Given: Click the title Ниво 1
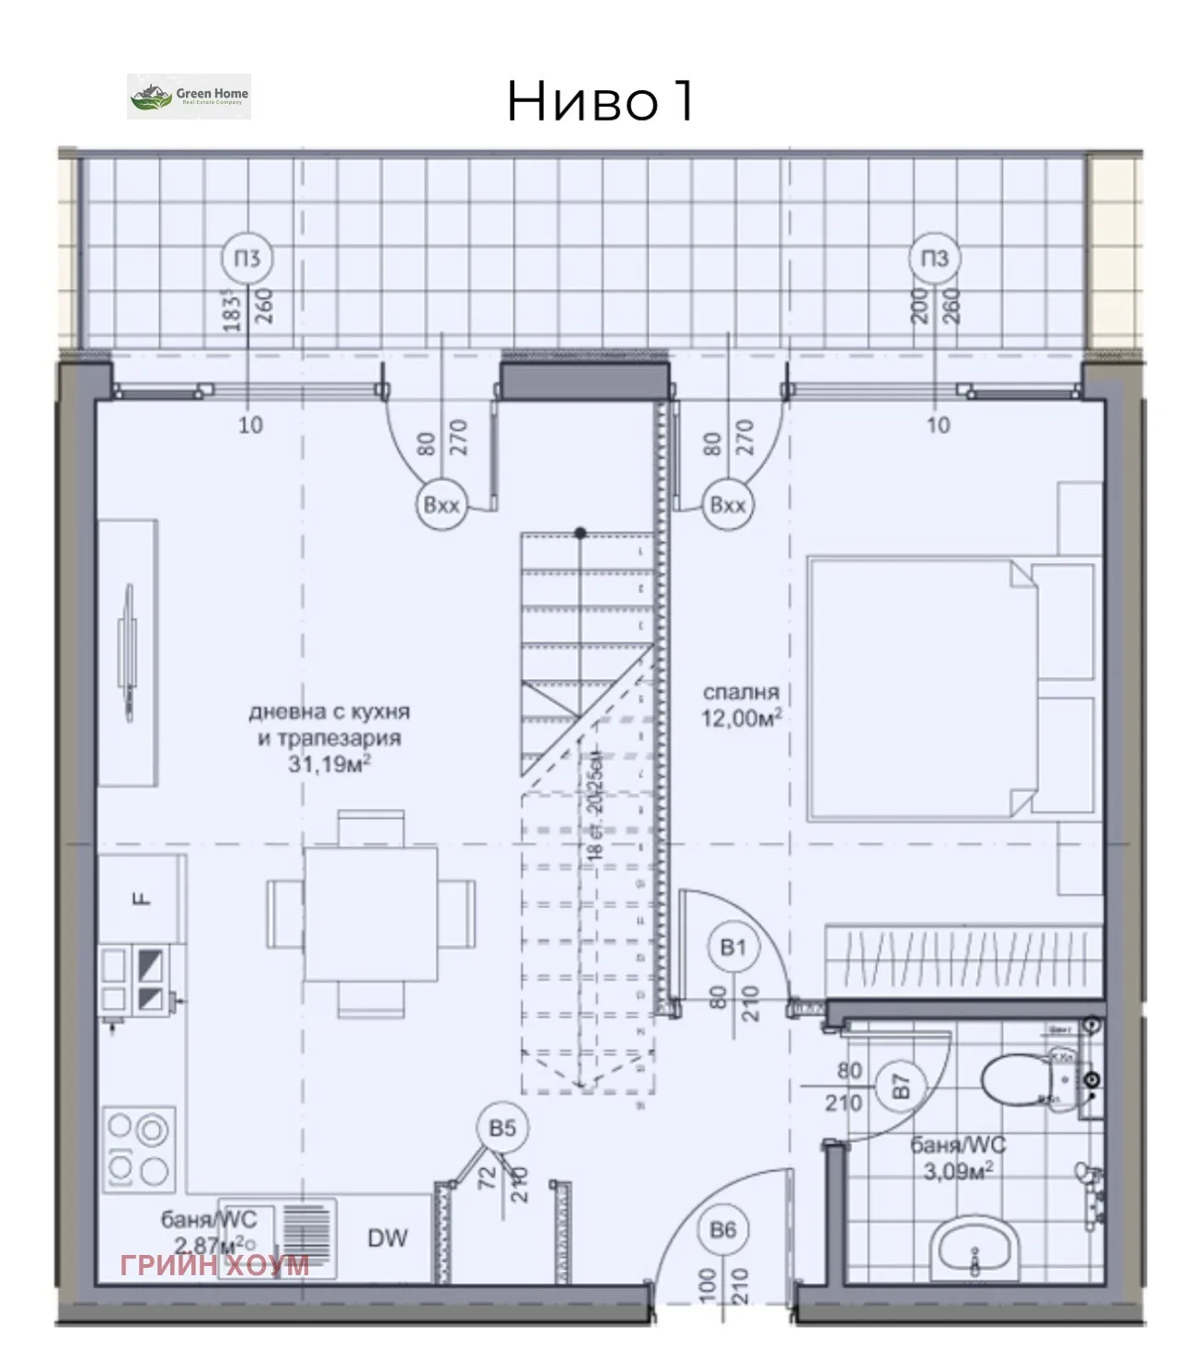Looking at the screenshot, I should [600, 100].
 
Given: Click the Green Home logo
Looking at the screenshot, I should [189, 97].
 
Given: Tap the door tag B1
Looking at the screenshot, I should [733, 948].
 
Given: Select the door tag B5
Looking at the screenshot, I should [501, 1128].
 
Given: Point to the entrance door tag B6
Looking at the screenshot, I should [723, 1230].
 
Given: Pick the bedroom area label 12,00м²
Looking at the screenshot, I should [742, 719].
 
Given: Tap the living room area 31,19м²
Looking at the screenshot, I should [329, 764].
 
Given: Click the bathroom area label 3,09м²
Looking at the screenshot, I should [958, 1171].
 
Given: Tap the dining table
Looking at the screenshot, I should [371, 915].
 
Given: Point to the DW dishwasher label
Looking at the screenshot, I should [387, 1238].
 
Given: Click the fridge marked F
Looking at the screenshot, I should [141, 898].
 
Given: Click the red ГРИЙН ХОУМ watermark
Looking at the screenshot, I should [214, 1265].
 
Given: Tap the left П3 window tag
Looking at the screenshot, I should [247, 259].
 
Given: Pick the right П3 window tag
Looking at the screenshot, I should [934, 259].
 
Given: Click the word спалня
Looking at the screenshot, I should [741, 692].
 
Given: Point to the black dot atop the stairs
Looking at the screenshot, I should [580, 533].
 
